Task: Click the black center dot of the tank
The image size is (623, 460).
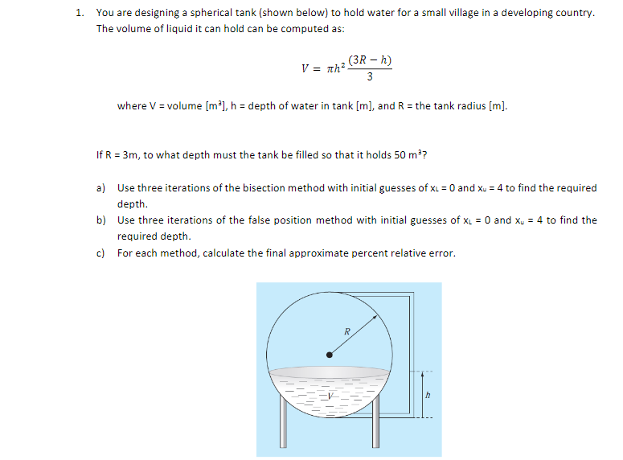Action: tap(328, 354)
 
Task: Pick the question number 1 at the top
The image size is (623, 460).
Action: tap(78, 14)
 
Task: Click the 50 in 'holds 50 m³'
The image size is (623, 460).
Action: tap(395, 154)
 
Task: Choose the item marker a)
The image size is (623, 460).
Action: tap(101, 188)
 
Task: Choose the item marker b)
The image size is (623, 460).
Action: tap(101, 220)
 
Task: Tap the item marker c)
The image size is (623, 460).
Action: tap(101, 253)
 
